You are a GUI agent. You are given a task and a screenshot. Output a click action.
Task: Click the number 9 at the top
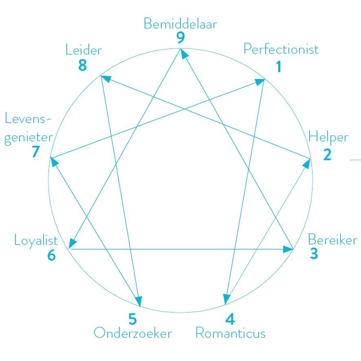point(181,38)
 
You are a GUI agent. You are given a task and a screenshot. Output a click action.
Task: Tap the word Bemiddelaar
point(180,24)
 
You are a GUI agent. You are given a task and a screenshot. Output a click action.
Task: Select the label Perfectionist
point(281,49)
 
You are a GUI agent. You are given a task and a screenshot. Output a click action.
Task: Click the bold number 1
point(279,66)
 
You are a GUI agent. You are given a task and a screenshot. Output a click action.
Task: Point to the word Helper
point(328,136)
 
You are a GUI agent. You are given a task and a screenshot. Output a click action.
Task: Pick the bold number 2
point(327,155)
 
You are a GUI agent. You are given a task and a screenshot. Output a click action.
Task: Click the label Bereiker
point(332,239)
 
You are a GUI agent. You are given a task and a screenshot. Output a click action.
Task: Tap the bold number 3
point(314,253)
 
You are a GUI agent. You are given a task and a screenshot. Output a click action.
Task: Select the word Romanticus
point(231,333)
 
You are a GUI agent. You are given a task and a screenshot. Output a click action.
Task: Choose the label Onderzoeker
point(133,333)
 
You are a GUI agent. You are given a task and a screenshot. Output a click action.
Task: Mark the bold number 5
point(133,318)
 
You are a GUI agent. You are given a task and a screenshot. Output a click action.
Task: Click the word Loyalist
point(36,240)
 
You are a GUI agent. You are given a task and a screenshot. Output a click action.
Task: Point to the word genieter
point(29,136)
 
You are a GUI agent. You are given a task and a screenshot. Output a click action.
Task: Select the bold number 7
point(35,152)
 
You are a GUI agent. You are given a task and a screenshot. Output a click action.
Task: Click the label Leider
point(84,50)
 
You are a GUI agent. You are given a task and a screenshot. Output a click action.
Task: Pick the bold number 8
point(83,65)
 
